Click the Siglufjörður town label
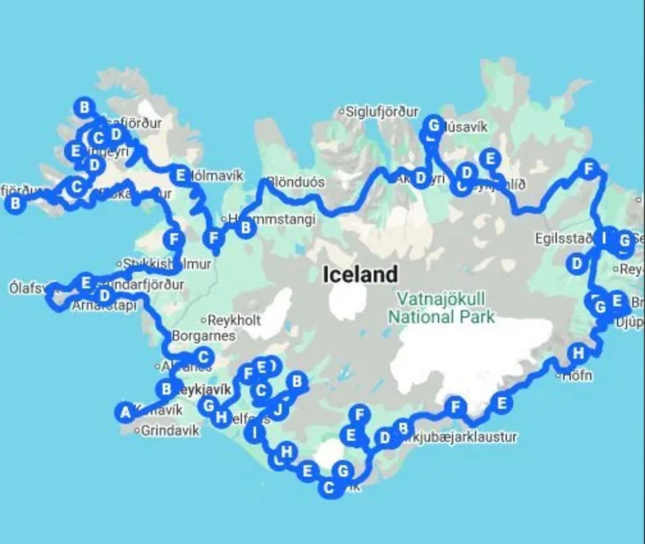click(382, 112)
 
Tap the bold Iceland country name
click(360, 275)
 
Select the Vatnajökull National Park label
click(441, 308)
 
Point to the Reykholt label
click(234, 320)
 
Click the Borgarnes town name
click(203, 336)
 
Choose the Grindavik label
click(170, 430)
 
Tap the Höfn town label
click(577, 375)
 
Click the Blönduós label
click(296, 182)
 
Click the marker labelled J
click(278, 411)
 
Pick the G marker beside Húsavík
click(434, 126)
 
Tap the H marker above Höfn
click(578, 354)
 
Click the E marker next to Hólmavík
click(180, 175)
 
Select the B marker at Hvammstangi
click(246, 228)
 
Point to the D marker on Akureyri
click(420, 178)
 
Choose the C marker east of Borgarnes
click(203, 357)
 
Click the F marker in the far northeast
click(589, 169)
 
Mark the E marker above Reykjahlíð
click(490, 159)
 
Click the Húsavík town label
click(467, 127)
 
